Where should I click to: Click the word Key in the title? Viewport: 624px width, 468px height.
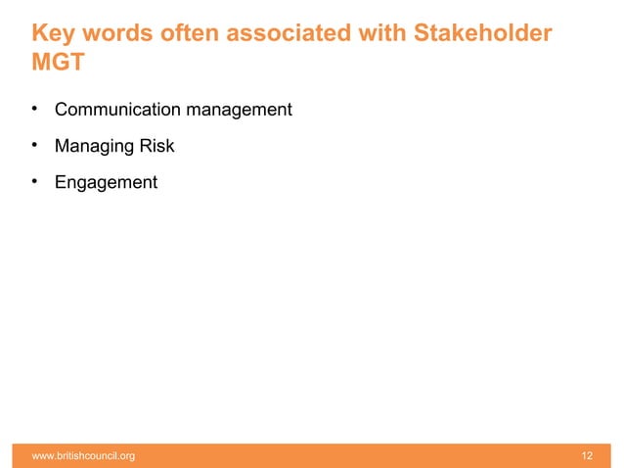[54, 35]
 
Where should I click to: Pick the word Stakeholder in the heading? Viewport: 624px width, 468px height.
[482, 35]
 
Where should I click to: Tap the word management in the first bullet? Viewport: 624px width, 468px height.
[239, 110]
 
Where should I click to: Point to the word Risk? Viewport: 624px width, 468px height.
[157, 146]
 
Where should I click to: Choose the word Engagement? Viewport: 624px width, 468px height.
[106, 183]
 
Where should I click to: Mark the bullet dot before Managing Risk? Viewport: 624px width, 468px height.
[34, 145]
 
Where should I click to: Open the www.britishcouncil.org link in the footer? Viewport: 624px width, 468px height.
[84, 455]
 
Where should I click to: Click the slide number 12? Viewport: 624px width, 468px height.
[587, 455]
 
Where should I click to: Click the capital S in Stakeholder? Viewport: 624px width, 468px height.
[423, 35]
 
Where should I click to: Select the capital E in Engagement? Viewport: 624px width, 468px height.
[61, 182]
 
